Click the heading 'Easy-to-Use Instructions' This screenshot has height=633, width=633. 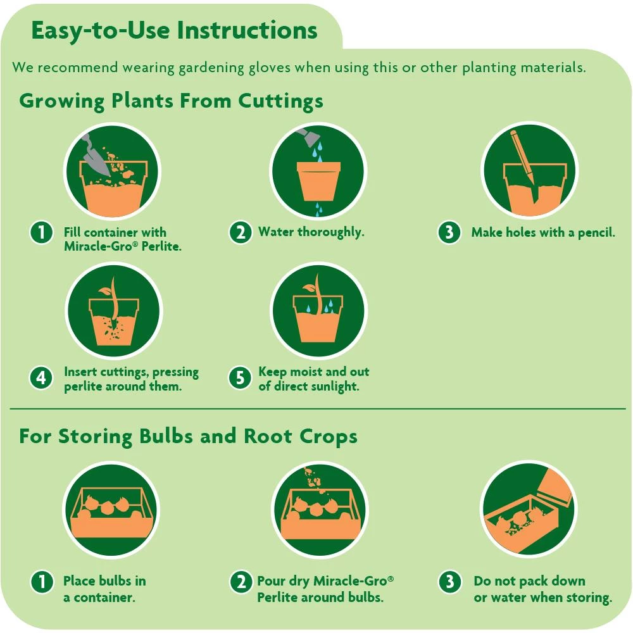tap(174, 31)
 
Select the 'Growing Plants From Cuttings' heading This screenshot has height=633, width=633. tap(171, 101)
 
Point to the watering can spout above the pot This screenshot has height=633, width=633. tap(308, 137)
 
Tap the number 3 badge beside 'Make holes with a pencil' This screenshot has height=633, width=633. tap(449, 232)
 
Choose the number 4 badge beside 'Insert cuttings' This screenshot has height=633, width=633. tap(41, 379)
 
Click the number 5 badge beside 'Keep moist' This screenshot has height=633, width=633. tap(240, 378)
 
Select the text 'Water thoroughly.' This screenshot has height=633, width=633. tap(311, 232)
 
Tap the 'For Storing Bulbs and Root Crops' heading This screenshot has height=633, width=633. tap(188, 436)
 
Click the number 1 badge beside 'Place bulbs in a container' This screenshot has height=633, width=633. tap(42, 582)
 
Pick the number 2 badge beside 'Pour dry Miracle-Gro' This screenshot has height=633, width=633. tap(241, 582)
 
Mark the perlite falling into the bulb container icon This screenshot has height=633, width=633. tap(313, 479)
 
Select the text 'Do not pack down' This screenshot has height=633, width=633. tap(529, 581)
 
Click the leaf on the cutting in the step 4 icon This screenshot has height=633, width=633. tap(105, 291)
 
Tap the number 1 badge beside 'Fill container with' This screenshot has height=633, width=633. tap(41, 232)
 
